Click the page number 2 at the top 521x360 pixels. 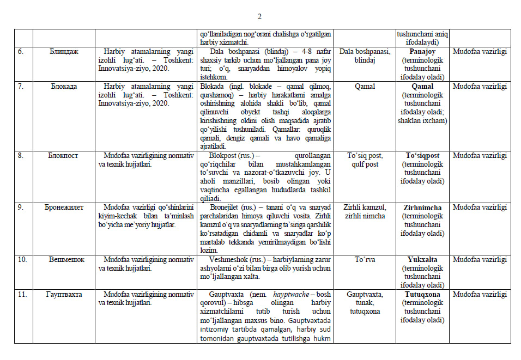click(x=259, y=16)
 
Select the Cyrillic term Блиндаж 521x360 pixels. click(x=64, y=52)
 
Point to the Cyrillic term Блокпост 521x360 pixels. click(x=64, y=155)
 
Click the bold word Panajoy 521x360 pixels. click(x=422, y=52)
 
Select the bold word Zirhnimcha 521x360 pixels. click(x=422, y=208)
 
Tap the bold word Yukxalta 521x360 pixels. click(x=422, y=260)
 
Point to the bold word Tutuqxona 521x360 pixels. click(x=422, y=295)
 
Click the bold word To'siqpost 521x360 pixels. click(x=422, y=155)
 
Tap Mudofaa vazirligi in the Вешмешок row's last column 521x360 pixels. click(x=480, y=260)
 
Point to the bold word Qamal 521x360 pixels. click(x=422, y=86)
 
